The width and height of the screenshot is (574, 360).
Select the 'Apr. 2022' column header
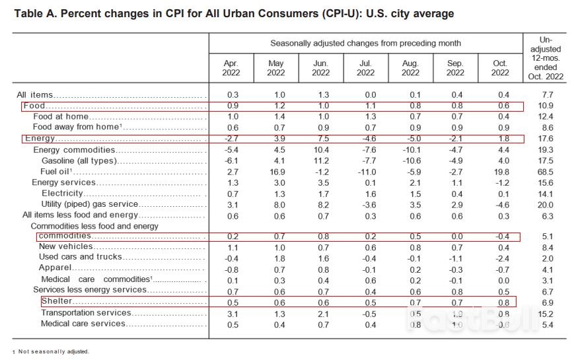(x=231, y=68)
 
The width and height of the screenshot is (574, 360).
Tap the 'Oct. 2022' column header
(x=500, y=68)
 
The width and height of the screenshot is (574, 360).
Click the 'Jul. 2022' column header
(x=365, y=68)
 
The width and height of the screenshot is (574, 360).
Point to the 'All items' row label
(x=35, y=95)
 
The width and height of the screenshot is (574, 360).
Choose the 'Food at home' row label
(x=61, y=117)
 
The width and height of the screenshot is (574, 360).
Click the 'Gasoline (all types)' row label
(x=80, y=161)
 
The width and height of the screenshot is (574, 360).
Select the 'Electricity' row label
(x=62, y=194)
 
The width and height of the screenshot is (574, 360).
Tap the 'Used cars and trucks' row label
(x=81, y=257)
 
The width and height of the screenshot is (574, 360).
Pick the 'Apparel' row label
(x=55, y=268)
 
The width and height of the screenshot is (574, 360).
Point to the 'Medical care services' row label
(x=83, y=324)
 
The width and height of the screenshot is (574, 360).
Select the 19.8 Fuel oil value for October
(x=500, y=172)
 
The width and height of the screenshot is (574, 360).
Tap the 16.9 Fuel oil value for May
(x=275, y=172)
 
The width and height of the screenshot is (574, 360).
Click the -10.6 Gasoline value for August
(x=410, y=161)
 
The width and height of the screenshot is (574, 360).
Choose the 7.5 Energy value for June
(x=320, y=139)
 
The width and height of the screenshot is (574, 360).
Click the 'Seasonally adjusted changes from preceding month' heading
(x=365, y=44)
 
